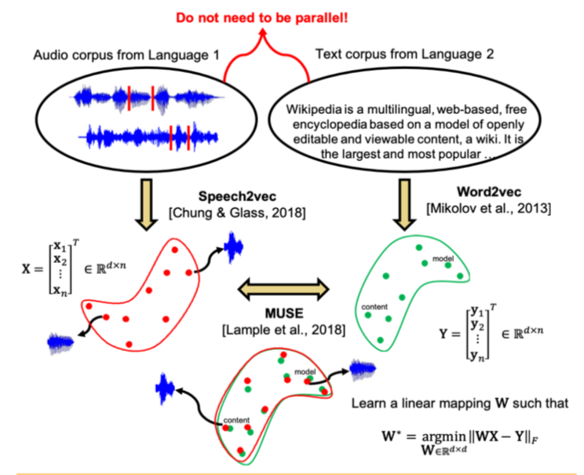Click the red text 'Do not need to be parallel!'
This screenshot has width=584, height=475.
point(261,18)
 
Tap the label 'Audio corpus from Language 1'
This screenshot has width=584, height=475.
point(126,55)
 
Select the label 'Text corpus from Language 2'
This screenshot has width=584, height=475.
point(404,54)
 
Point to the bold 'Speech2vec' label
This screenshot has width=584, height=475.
point(237,196)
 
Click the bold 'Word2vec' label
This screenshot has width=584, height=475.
point(489,192)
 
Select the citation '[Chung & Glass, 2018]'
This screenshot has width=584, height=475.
point(237,213)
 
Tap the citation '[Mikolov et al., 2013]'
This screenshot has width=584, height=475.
point(489,208)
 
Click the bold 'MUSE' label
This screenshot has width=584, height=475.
point(284,313)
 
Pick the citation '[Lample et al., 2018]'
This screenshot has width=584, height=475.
point(284,330)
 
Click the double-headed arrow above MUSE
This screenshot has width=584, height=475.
point(283,289)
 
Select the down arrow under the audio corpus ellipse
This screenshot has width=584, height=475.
point(147,205)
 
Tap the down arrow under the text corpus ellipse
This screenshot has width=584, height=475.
point(404,205)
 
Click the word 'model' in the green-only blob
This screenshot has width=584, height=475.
point(443,258)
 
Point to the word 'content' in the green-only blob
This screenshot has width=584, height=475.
point(374,307)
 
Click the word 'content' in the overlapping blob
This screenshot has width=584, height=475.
point(236,420)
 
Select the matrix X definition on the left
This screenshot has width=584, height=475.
point(74,269)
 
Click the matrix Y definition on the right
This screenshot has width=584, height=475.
point(491,332)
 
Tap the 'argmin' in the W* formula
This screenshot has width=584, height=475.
point(443,437)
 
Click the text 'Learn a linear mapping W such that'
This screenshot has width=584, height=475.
point(460,403)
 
